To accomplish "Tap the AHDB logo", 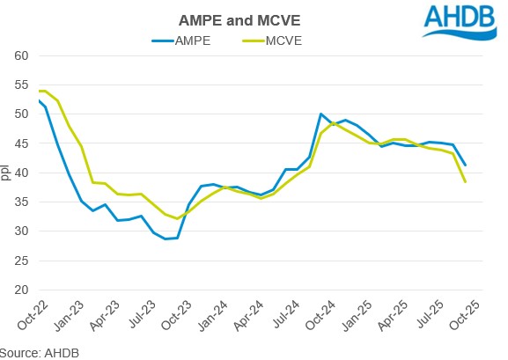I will tap(458, 22).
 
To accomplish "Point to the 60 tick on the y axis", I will tap(22, 55).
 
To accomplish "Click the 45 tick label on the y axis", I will tap(22, 143).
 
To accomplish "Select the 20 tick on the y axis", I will tap(22, 290).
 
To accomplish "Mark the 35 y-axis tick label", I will tap(22, 202).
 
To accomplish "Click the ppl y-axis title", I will tap(8, 173).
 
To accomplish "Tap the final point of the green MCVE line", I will tap(465, 181).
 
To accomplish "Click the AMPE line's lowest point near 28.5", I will tap(165, 239).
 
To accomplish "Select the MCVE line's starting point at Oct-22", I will tap(40, 91).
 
